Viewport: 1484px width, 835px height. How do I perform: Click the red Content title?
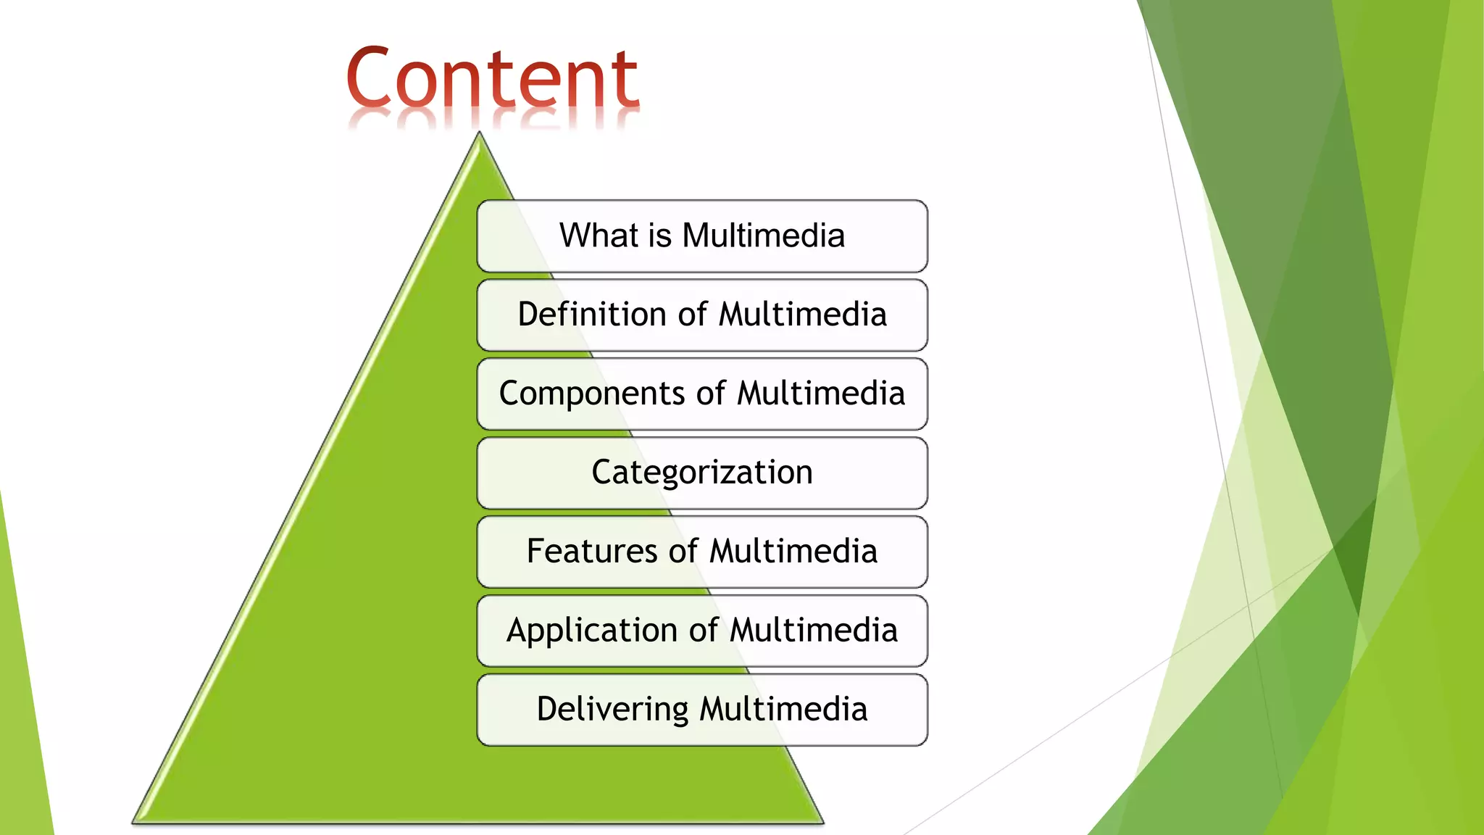[492, 78]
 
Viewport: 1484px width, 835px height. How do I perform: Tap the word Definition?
[592, 315]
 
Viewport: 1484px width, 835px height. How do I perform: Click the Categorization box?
[701, 473]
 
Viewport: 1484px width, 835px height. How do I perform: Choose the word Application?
[591, 631]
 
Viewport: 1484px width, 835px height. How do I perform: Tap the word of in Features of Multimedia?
[683, 551]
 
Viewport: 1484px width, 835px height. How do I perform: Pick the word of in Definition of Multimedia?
[692, 315]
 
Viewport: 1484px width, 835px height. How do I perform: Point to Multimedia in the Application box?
[814, 630]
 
